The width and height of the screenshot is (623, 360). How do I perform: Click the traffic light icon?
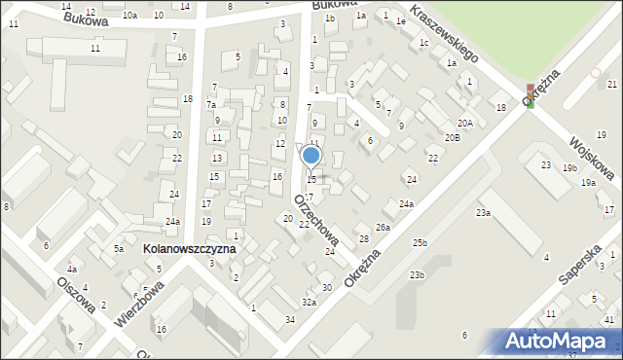[x=530, y=95]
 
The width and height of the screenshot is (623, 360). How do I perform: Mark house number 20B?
[x=453, y=138]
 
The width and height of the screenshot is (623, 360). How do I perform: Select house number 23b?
[x=417, y=275]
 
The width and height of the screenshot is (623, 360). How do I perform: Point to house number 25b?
[x=420, y=241]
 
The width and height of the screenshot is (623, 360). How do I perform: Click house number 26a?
[x=384, y=228]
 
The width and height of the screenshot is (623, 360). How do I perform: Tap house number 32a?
[x=309, y=303]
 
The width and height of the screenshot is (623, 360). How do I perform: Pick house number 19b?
[x=568, y=167]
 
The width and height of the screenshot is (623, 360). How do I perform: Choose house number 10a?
[x=129, y=16]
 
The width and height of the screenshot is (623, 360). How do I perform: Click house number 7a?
[x=210, y=104]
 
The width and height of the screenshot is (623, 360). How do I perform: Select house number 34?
[x=290, y=320]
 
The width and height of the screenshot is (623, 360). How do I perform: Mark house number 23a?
[x=483, y=212]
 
